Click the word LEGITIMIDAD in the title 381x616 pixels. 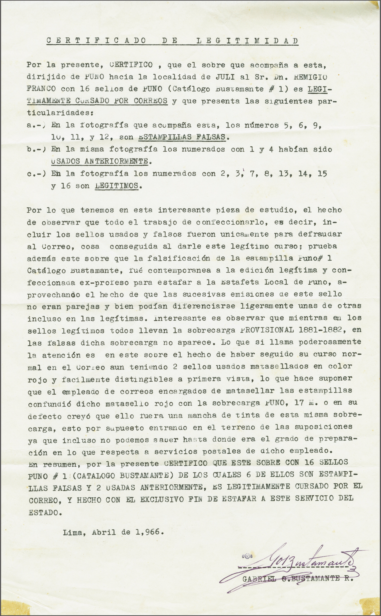click(247, 41)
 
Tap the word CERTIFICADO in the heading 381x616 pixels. click(96, 41)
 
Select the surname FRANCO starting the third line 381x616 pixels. click(41, 89)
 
